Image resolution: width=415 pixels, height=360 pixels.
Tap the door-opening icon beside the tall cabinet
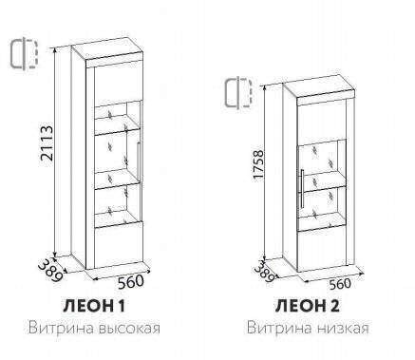[23, 54]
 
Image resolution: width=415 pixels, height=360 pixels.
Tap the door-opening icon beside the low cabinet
[236, 93]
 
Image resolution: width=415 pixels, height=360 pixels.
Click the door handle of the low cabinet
[302, 185]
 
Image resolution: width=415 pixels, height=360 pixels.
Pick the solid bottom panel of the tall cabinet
[116, 242]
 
